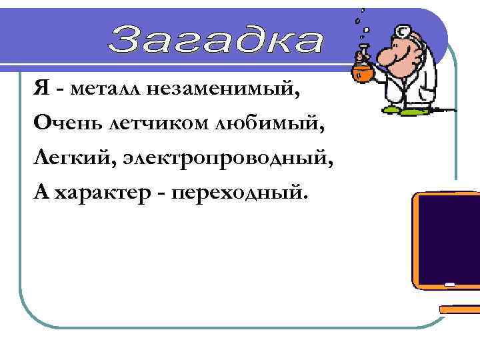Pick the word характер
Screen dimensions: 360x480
[x=108, y=193]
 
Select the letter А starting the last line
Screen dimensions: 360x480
[x=40, y=192]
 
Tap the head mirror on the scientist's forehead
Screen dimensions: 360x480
[x=403, y=31]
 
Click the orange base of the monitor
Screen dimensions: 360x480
[x=460, y=310]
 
